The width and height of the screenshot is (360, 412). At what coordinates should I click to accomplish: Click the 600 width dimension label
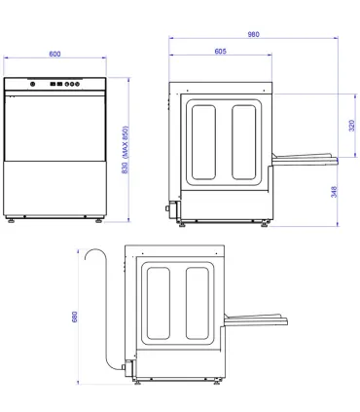tap(56, 55)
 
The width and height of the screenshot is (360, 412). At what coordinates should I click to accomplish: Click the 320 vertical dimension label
tap(350, 125)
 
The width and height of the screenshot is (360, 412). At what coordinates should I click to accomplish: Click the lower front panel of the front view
tap(56, 185)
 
